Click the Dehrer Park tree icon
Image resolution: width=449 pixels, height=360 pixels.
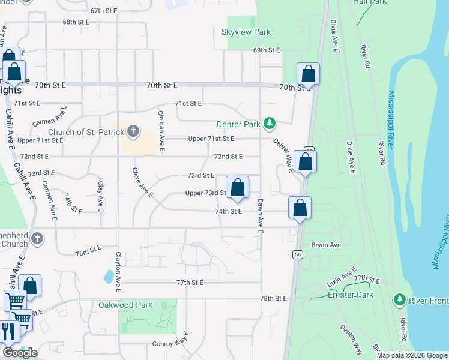[270, 124]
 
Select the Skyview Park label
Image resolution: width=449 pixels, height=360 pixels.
[246, 32]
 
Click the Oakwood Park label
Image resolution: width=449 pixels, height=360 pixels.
[125, 305]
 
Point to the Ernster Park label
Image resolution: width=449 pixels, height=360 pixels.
[350, 295]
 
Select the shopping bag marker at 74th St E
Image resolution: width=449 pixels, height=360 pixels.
[300, 207]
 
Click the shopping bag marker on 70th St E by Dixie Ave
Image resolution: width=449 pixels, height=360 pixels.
[308, 74]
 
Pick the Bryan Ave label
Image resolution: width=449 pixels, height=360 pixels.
[326, 245]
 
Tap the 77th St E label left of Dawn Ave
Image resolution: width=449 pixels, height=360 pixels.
[191, 282]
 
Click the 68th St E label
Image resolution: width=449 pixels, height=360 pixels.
[76, 22]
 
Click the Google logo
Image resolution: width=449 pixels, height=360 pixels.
[20, 353]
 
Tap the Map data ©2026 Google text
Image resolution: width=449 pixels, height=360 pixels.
[411, 355]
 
